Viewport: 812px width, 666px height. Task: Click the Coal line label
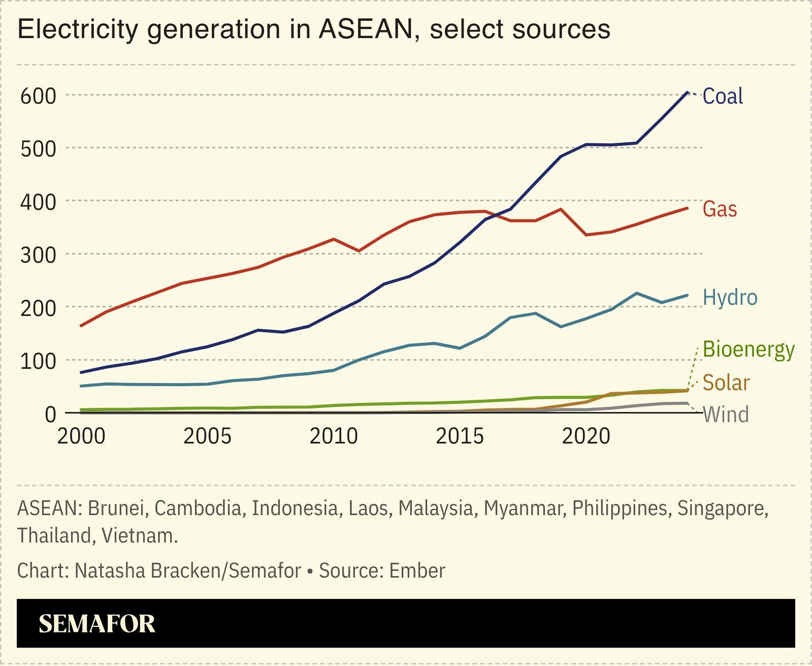click(x=722, y=96)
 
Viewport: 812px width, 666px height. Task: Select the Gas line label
click(x=719, y=209)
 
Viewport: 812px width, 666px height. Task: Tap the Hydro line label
click(x=730, y=297)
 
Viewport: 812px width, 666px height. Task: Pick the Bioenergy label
click(x=748, y=350)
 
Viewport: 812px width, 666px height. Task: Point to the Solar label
click(x=726, y=383)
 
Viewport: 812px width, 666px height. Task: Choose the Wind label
click(x=726, y=415)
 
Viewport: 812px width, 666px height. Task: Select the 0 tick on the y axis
click(x=50, y=415)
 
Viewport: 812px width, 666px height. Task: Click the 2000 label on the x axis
click(x=81, y=436)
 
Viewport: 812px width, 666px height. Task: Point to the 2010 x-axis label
click(x=334, y=436)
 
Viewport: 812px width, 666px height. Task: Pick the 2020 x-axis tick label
click(x=586, y=436)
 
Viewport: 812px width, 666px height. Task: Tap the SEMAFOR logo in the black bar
click(x=97, y=623)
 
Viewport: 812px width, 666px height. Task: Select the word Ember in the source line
click(x=417, y=570)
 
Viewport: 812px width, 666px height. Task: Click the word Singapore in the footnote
click(x=723, y=508)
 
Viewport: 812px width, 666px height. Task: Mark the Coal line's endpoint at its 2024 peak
click(x=687, y=92)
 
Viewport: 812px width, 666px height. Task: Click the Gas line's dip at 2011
click(x=359, y=251)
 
